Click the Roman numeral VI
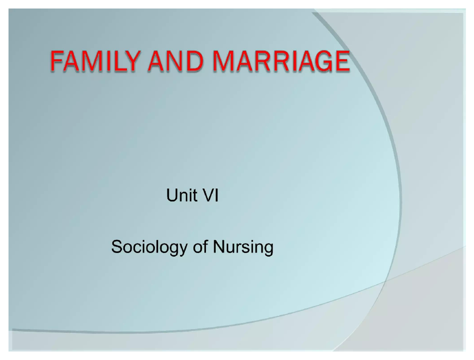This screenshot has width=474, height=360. pos(210,196)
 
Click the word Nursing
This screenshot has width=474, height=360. pos(243,247)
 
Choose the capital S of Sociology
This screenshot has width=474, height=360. pos(117,247)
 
